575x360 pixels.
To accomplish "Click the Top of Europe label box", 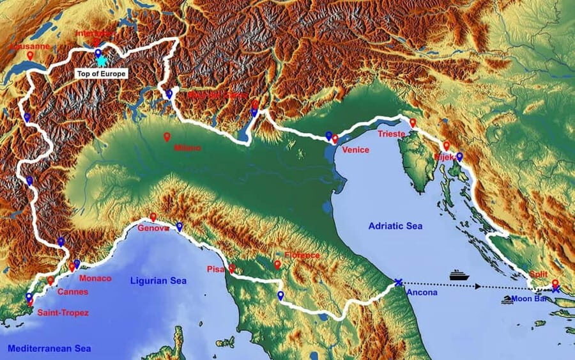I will [x=101, y=74].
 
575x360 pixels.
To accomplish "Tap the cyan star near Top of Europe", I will [x=101, y=61].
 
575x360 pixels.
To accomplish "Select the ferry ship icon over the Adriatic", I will [x=459, y=274].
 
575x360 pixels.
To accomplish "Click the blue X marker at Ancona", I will [x=399, y=282].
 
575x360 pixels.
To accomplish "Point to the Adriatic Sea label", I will [x=395, y=226].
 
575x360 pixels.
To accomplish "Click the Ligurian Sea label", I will [x=158, y=280].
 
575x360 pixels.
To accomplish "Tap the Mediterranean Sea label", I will [x=49, y=348].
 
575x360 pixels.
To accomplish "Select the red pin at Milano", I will [x=167, y=136].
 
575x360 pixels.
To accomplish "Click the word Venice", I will [x=356, y=150].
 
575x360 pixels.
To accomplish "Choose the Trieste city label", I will [x=392, y=134].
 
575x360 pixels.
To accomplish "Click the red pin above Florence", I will [x=277, y=263].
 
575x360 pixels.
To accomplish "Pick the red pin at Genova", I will [x=153, y=217].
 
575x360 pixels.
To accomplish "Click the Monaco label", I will [x=95, y=278].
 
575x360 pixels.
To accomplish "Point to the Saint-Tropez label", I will [x=63, y=313].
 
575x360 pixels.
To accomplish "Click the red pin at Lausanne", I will [x=30, y=56].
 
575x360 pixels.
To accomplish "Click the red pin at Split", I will [x=555, y=283].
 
